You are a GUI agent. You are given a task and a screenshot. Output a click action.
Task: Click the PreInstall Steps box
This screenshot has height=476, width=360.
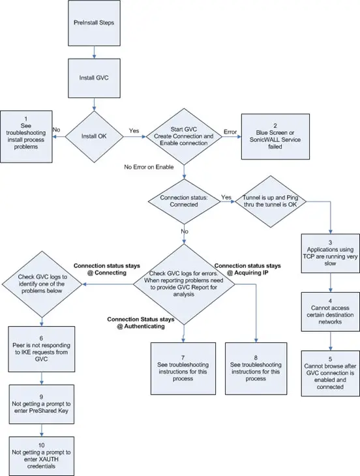pyautogui.click(x=95, y=23)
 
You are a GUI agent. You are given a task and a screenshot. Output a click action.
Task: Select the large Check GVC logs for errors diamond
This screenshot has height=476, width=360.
pyautogui.click(x=184, y=284)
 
